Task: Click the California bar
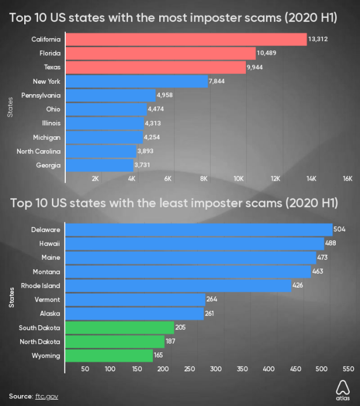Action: tap(186, 39)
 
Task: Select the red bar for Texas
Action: tap(155, 68)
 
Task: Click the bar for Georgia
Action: tap(99, 165)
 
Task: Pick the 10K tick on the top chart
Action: tap(239, 179)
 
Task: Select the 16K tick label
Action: tap(347, 179)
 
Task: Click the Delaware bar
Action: tap(198, 229)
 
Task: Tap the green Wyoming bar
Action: tap(109, 356)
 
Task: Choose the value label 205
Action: tap(182, 328)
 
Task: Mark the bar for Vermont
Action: tap(135, 300)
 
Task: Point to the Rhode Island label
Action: tap(40, 285)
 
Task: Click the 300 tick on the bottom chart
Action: tap(216, 368)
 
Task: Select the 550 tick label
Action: tap(347, 368)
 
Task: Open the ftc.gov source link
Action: tap(48, 396)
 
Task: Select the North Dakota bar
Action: tap(114, 342)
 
